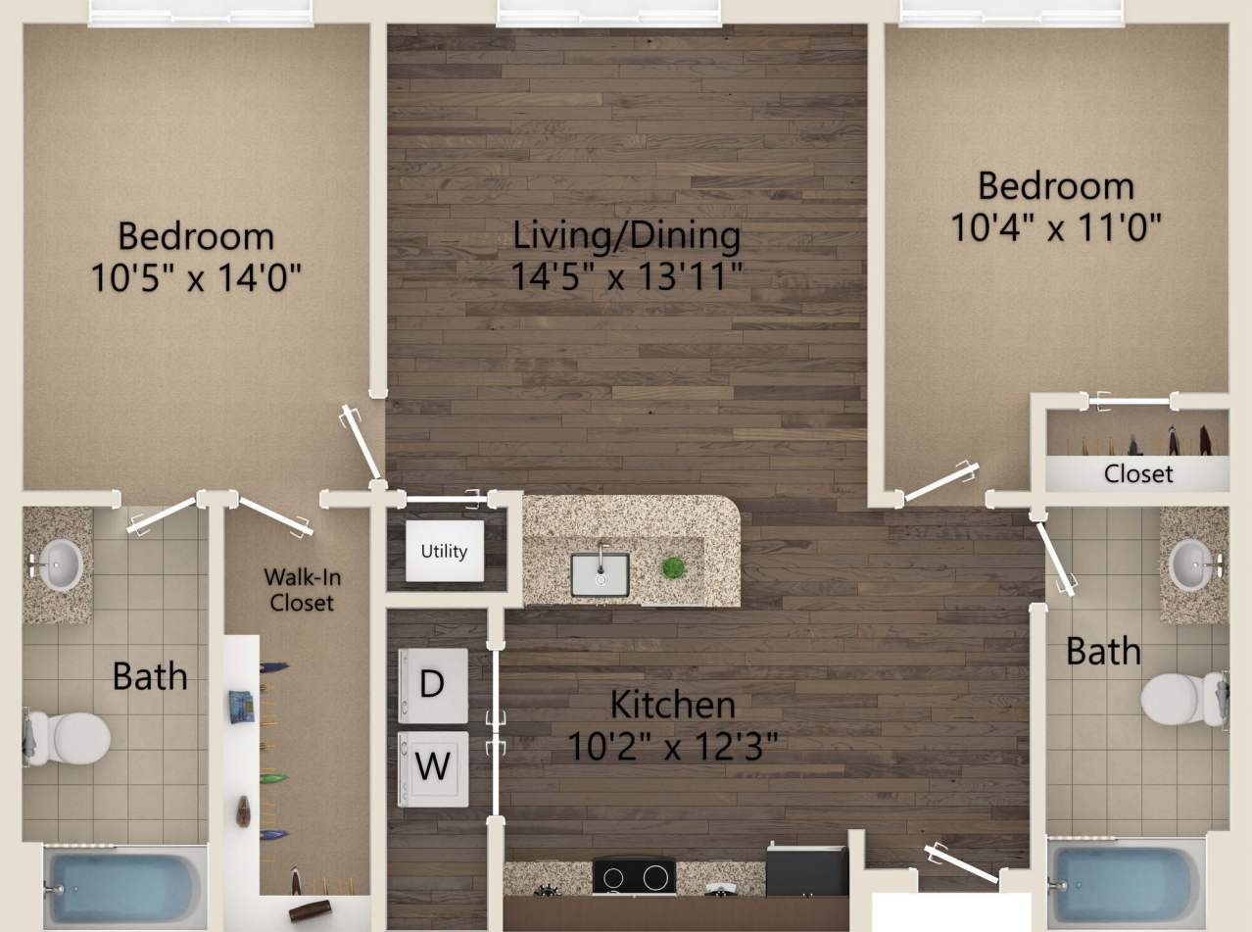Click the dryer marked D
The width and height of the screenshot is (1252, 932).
tap(432, 683)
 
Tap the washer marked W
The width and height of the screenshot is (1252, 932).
tap(432, 766)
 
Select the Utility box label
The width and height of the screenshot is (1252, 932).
tap(444, 551)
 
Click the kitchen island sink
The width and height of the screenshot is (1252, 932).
tap(600, 573)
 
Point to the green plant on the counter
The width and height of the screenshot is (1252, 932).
tap(673, 567)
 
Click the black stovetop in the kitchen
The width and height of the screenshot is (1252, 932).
tap(635, 874)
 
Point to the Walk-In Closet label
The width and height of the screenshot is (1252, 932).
tap(302, 589)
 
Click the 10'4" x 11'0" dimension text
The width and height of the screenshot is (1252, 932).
tap(1055, 227)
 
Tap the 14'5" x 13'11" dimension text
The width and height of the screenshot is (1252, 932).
tap(625, 277)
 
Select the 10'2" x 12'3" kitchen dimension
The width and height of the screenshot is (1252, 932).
tap(672, 747)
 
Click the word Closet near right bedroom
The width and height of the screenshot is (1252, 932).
tap(1137, 473)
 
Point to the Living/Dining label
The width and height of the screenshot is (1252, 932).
tap(627, 235)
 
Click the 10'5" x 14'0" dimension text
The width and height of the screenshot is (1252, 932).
tap(195, 278)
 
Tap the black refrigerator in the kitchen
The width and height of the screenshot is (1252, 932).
tap(806, 870)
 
